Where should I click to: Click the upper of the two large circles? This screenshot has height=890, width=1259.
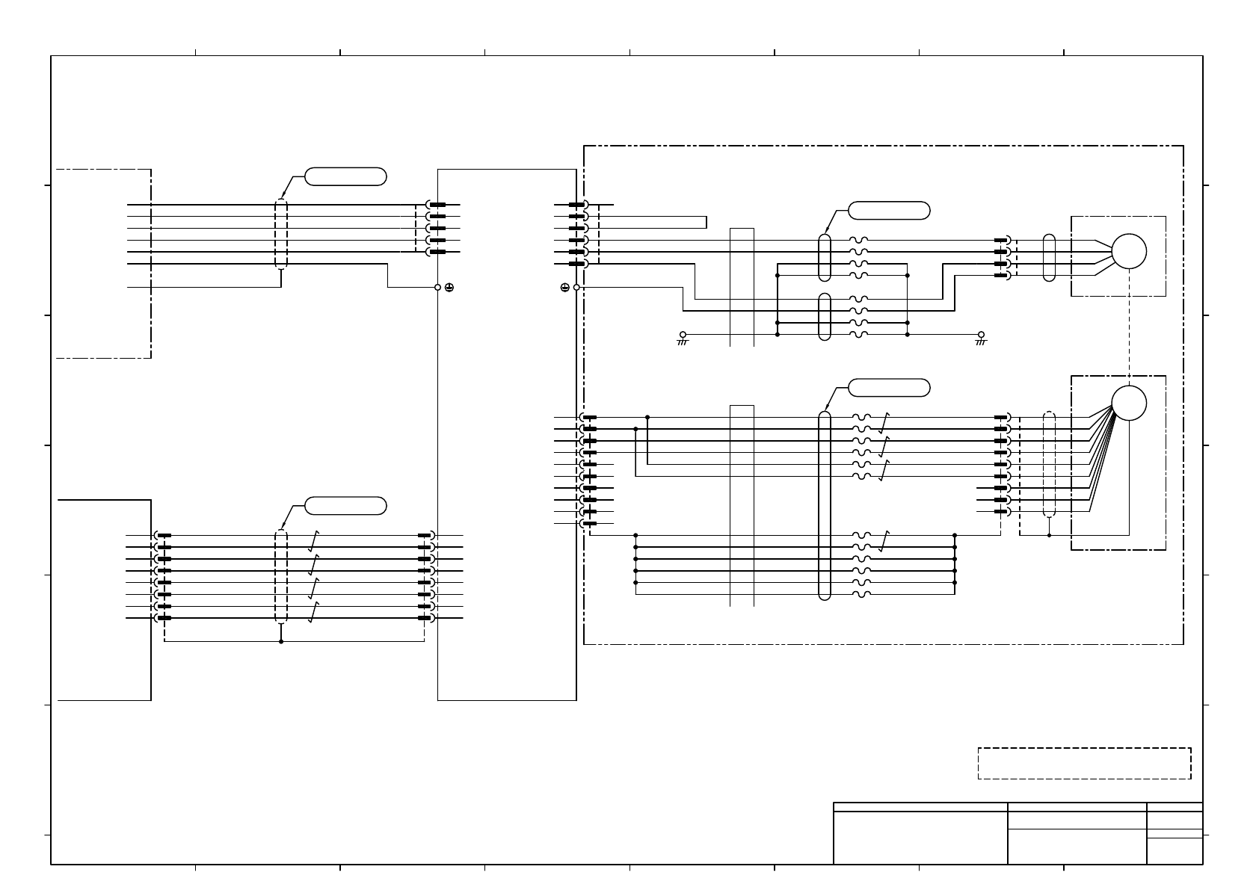[x=1128, y=252]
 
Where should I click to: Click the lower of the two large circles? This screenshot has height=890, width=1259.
[x=1128, y=404]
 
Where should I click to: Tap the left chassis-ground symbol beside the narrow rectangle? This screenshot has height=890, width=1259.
[x=683, y=338]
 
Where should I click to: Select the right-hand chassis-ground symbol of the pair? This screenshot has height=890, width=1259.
[x=981, y=338]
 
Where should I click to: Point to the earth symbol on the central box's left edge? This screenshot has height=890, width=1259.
[x=449, y=287]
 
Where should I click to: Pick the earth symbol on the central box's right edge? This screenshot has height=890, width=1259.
[x=565, y=287]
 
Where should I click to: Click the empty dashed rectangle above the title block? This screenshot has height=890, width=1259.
[x=1084, y=763]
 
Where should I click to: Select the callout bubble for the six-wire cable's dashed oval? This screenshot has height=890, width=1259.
[x=345, y=176]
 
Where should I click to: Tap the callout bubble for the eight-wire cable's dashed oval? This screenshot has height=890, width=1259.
[x=345, y=505]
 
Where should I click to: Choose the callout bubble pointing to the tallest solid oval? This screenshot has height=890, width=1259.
[x=890, y=387]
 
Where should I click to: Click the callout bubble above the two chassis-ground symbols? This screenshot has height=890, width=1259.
[x=890, y=210]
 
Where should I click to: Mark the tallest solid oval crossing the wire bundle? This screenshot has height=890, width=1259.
[x=825, y=505]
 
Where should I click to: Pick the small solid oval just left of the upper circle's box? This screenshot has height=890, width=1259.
[x=1049, y=258]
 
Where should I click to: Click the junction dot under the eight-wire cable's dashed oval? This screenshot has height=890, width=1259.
[x=281, y=641]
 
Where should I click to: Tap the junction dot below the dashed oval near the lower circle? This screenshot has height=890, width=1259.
[x=1049, y=535]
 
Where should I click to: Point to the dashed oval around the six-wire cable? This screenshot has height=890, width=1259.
[x=281, y=234]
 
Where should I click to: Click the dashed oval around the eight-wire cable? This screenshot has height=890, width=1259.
[x=281, y=576]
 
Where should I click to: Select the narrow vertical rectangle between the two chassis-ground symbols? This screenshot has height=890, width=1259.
[x=742, y=287]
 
